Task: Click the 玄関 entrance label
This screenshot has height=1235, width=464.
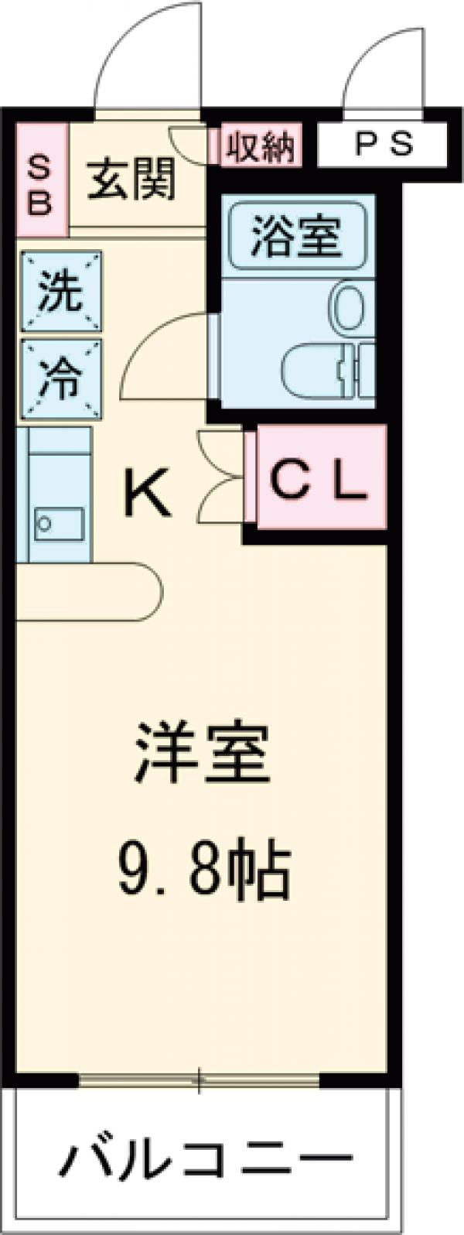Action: pyautogui.click(x=131, y=181)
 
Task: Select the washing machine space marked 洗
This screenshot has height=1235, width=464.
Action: pyautogui.click(x=61, y=292)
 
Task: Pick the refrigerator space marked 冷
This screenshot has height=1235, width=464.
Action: pyautogui.click(x=61, y=378)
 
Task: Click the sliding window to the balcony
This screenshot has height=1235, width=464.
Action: pyautogui.click(x=200, y=1079)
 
